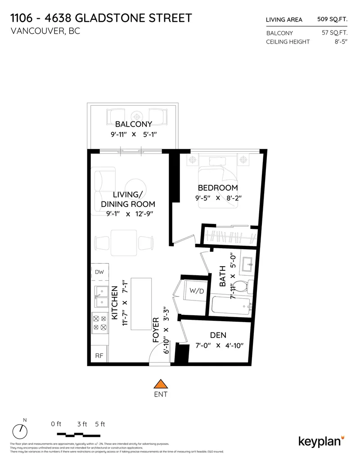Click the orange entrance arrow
coord(161,384)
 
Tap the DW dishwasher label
coord(99,272)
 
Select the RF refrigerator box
coord(99,355)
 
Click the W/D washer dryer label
coord(196,291)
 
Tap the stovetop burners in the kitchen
coord(99,323)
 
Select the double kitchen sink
coord(99,296)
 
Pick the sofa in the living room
coord(99,189)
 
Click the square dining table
coord(124,242)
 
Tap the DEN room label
coord(218,335)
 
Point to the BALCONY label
coord(134,124)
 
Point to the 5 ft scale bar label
coord(99,424)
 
